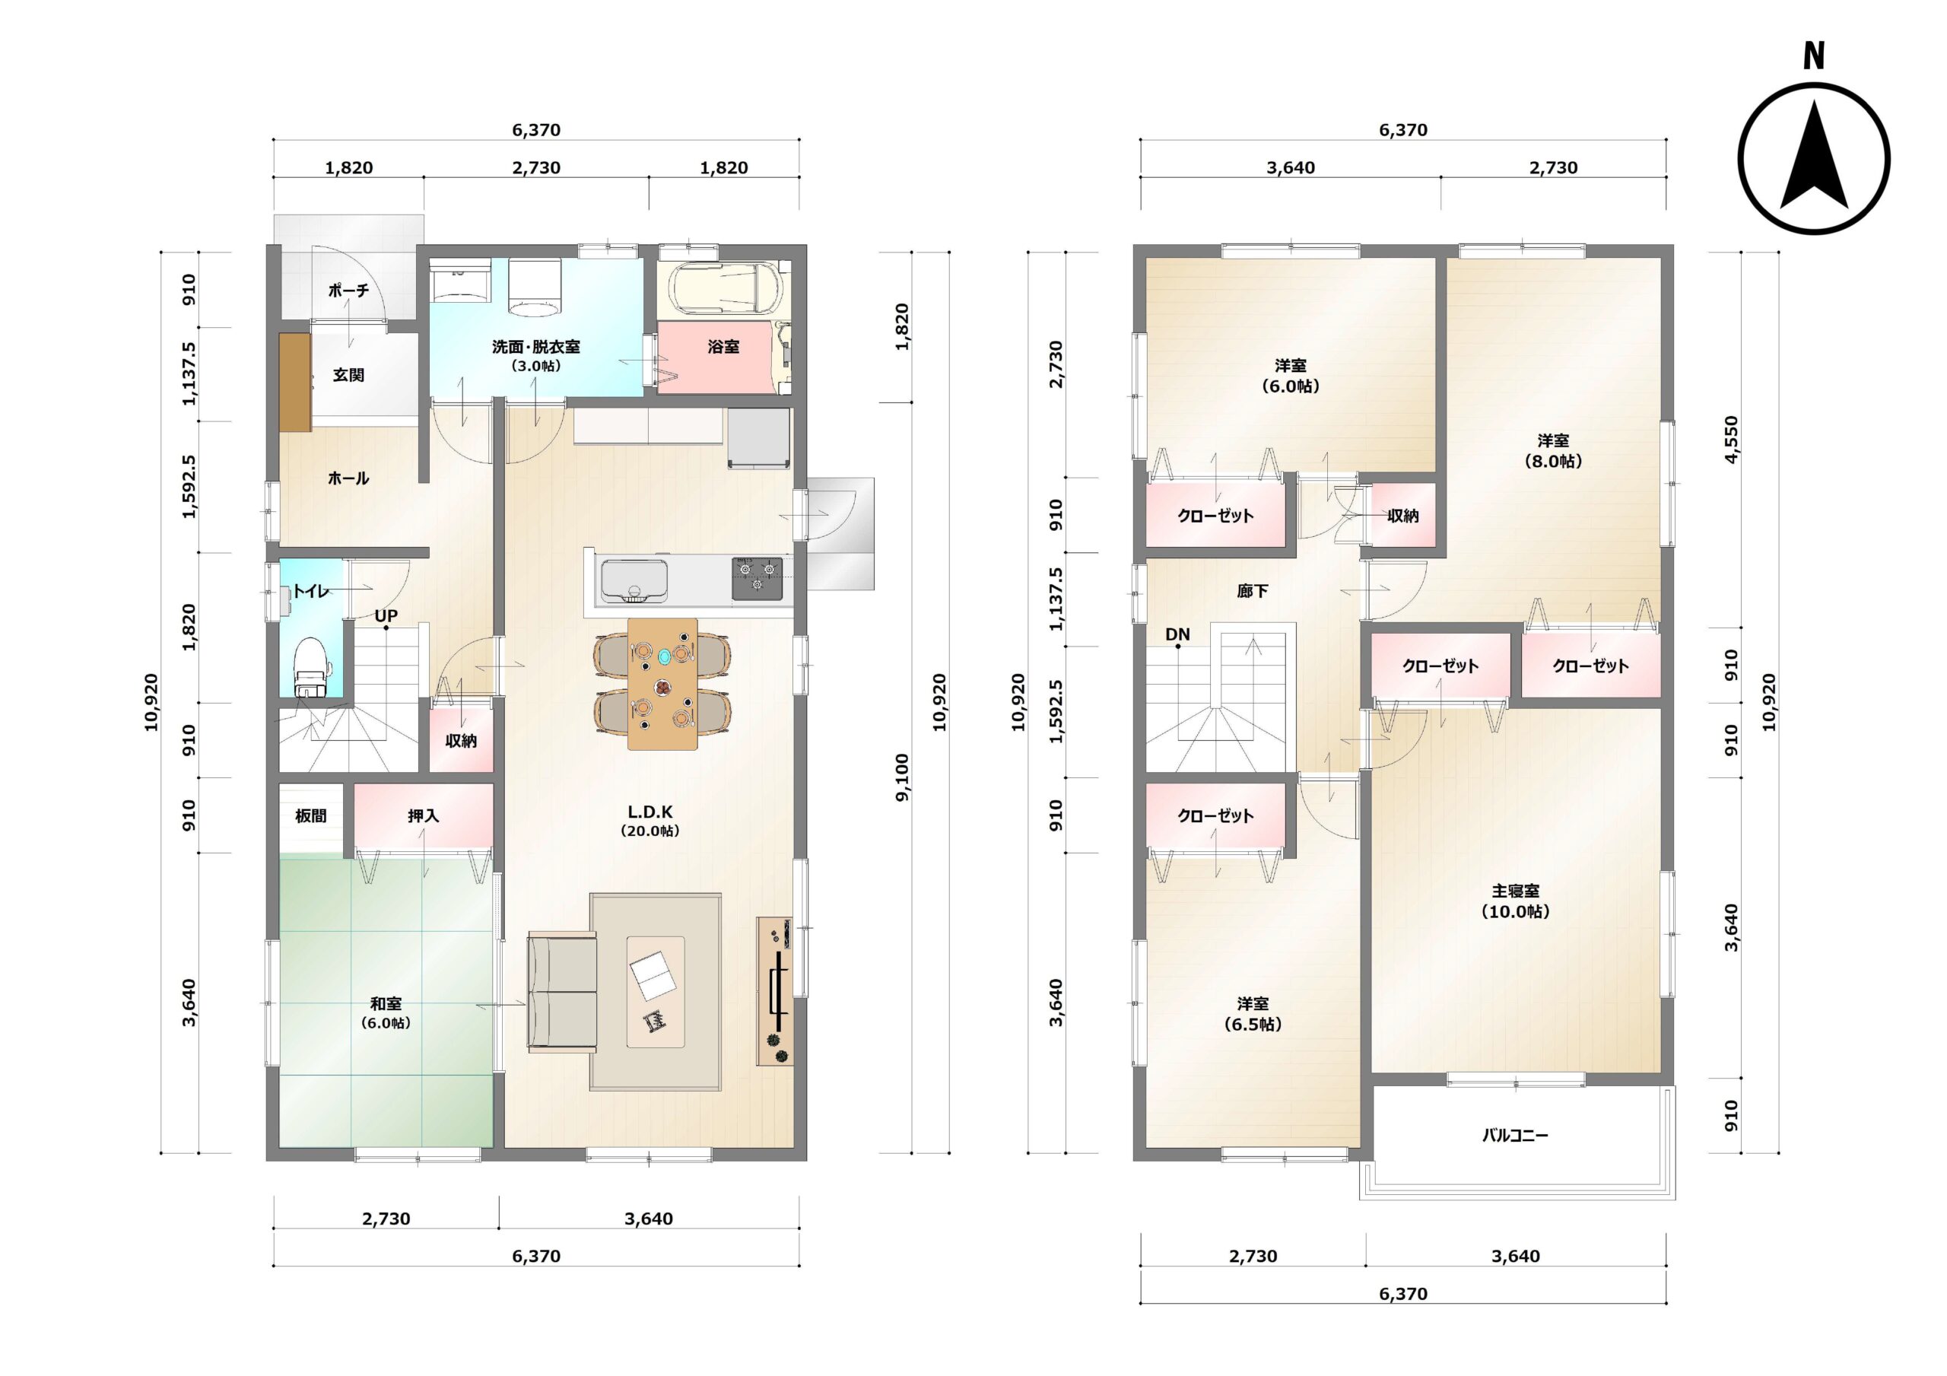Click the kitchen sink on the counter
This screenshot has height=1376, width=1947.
point(634,580)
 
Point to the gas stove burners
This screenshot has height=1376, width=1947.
point(758,578)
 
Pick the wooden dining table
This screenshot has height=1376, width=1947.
point(662,684)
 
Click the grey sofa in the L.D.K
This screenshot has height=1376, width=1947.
point(561,992)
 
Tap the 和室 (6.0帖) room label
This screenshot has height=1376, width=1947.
point(386,1013)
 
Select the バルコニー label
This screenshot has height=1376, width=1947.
point(1514,1135)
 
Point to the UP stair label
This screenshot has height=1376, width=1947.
point(386,616)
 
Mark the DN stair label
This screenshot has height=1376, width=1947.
point(1177,634)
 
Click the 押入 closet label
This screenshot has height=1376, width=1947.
point(423,815)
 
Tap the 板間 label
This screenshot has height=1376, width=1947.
point(310,815)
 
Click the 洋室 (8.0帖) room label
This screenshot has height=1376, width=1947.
point(1553,450)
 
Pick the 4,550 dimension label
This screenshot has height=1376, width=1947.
point(1731,440)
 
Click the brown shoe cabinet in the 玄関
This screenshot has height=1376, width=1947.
point(295,382)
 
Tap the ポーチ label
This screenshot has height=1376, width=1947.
point(348,290)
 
